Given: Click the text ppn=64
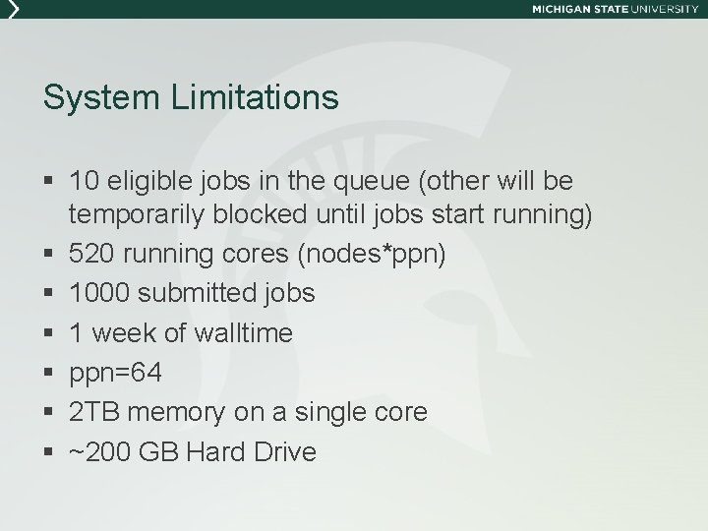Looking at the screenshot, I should click(x=116, y=374).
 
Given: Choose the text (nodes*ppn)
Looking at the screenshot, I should click(x=375, y=254).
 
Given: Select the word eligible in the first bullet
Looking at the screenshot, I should click(x=145, y=182).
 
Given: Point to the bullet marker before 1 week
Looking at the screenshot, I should click(x=49, y=334).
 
